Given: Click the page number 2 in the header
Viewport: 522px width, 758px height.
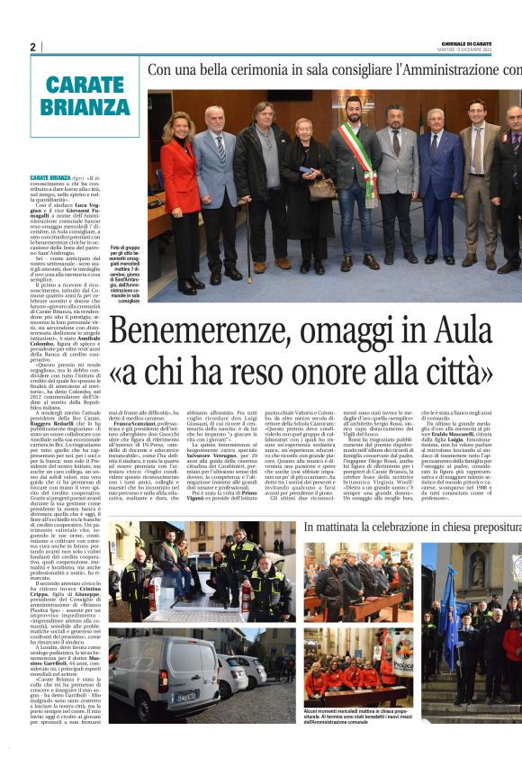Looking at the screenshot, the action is click(33, 47).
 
